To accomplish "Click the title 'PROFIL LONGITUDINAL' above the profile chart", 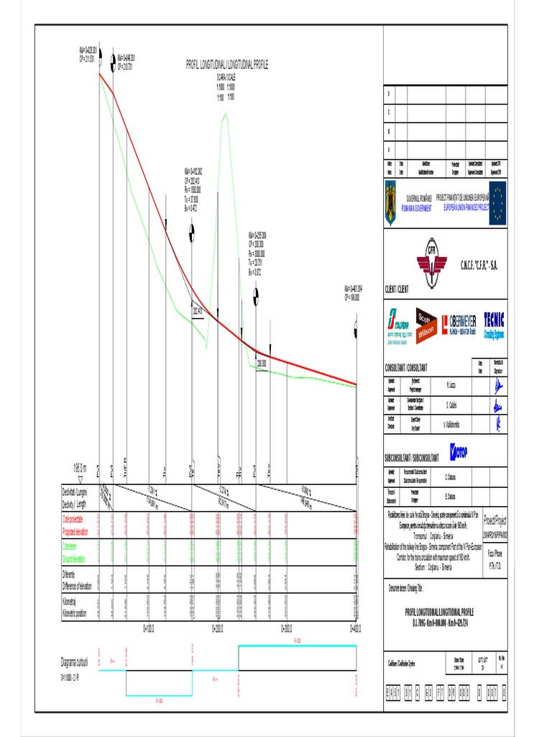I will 226,65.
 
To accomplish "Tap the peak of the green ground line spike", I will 225,115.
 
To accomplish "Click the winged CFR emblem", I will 433,264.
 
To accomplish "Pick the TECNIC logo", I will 494,322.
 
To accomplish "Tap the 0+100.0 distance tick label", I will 148,628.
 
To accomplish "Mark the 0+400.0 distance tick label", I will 355,628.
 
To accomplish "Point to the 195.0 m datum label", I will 80,467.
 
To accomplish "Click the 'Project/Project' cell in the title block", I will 495,518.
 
